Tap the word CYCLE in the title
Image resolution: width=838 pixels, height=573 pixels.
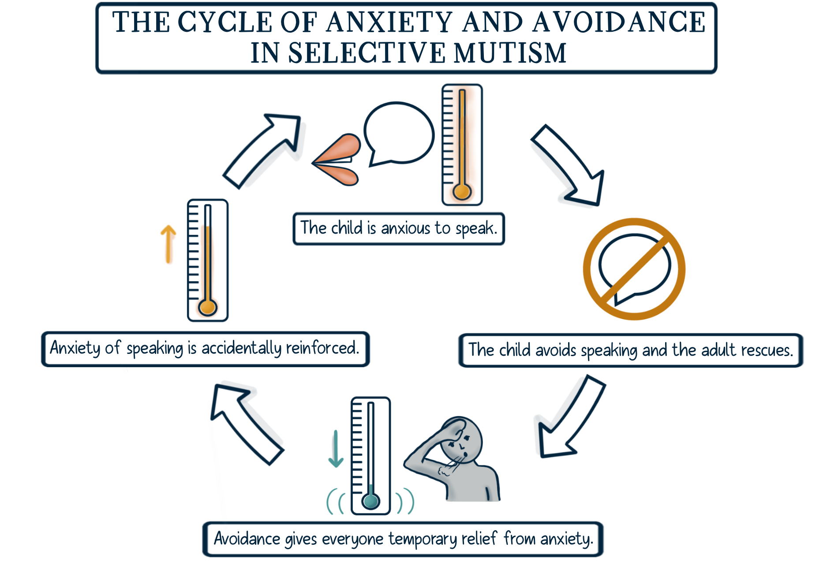[225, 22]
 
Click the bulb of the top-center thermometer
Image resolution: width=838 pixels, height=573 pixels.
[462, 192]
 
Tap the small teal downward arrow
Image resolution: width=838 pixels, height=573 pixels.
[336, 449]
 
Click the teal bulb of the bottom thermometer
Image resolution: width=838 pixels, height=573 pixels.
[370, 501]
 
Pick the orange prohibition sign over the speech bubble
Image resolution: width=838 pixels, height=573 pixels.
[634, 269]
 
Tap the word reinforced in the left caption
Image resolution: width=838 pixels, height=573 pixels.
[322, 348]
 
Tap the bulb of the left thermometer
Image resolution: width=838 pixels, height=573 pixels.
[207, 307]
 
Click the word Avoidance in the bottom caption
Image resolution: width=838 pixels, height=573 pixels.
[247, 539]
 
